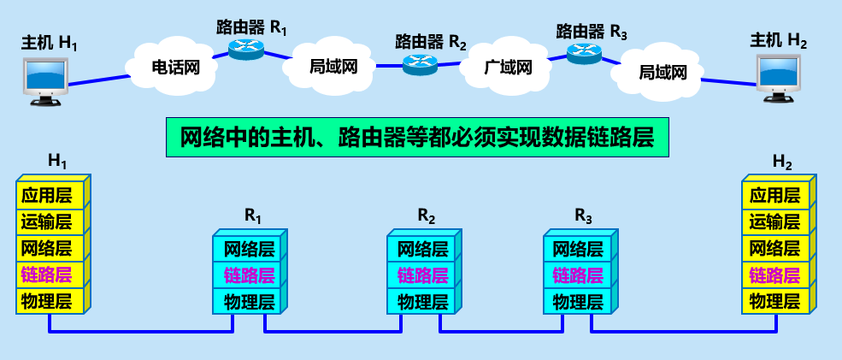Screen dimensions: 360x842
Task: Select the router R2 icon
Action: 421,62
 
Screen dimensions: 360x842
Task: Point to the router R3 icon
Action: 584,54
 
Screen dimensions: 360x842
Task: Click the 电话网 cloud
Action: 174,67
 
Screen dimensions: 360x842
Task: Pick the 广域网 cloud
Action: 508,67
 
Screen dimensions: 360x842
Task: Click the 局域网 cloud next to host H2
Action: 662,73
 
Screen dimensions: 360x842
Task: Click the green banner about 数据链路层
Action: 416,138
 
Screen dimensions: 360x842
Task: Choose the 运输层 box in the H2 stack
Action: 774,222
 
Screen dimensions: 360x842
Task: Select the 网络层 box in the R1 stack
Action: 249,250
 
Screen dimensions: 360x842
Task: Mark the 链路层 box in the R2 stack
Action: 422,275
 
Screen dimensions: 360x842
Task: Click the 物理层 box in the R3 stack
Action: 579,301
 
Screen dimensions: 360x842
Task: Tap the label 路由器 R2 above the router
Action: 431,41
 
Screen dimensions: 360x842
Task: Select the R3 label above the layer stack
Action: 583,215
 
